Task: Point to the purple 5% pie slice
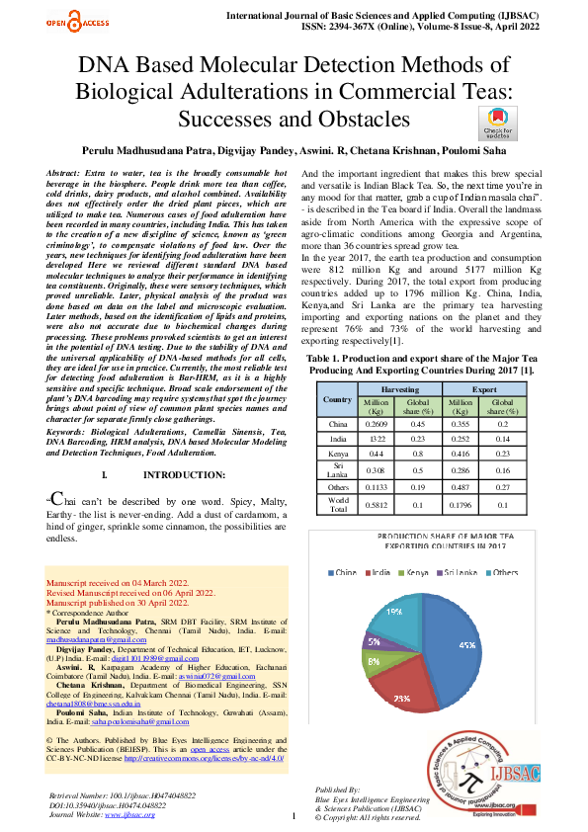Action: (x=378, y=642)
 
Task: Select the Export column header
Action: (x=484, y=417)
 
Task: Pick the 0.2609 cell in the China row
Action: (x=376, y=452)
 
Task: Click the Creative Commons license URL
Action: (x=208, y=758)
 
